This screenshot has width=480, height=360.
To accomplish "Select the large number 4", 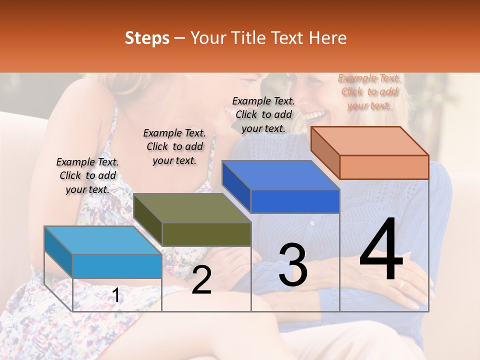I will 381,250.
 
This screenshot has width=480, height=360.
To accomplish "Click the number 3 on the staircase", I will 293,265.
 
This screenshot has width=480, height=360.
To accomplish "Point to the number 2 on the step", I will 201,280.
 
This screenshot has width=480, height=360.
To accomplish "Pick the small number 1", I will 116,295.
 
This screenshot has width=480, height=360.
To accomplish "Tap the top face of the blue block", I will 280,175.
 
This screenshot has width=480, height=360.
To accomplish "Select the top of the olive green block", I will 192,208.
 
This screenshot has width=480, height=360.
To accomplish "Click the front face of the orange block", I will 384,167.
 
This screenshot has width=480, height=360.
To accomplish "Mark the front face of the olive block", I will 206,234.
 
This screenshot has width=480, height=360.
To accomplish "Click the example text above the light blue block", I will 87,175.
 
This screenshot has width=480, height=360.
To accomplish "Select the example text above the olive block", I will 174,146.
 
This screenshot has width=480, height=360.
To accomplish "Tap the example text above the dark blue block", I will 263,114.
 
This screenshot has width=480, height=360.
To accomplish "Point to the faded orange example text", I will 369,91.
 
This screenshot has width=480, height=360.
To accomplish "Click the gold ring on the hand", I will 400,284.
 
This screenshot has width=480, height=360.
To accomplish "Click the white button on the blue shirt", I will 312,223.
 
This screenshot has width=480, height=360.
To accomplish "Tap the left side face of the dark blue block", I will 236,186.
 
